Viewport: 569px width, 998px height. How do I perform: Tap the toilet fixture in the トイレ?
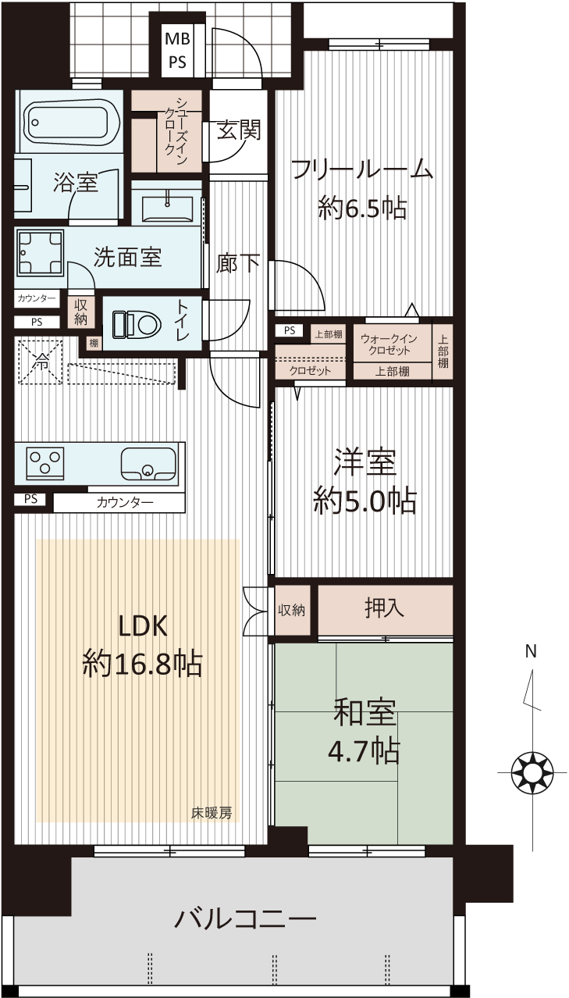pos(137,324)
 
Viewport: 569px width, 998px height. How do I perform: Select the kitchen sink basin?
pos(148,463)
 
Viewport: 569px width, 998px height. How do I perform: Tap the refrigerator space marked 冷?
pos(40,361)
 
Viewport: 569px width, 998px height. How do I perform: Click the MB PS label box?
pos(178,50)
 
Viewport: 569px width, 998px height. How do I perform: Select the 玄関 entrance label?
pos(238,130)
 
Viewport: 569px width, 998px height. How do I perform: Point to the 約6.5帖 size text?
pos(362,208)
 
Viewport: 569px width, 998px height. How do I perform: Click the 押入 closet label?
pos(384,608)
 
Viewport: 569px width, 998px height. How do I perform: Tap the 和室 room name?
pos(365,711)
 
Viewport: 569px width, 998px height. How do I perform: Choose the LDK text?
pos(143,626)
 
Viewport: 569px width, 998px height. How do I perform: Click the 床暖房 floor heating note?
pos(212,813)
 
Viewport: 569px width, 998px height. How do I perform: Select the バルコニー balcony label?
pos(245,918)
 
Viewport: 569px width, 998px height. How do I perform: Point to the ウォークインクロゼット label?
pos(389,344)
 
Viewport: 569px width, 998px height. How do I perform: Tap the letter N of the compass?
pos(531,652)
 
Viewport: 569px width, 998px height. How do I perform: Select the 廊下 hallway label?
pos(238,263)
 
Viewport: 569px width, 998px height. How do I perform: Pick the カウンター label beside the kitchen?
pos(125,503)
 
